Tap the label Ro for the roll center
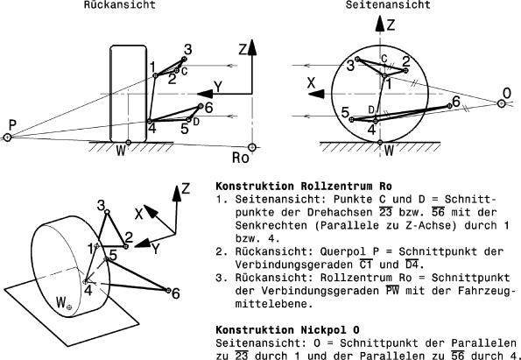(241, 159)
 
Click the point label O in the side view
(507, 91)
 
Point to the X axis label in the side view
(311, 81)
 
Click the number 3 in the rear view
(187, 50)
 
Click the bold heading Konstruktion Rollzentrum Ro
(303, 187)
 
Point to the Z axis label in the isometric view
(185, 189)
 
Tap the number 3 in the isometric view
(102, 203)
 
